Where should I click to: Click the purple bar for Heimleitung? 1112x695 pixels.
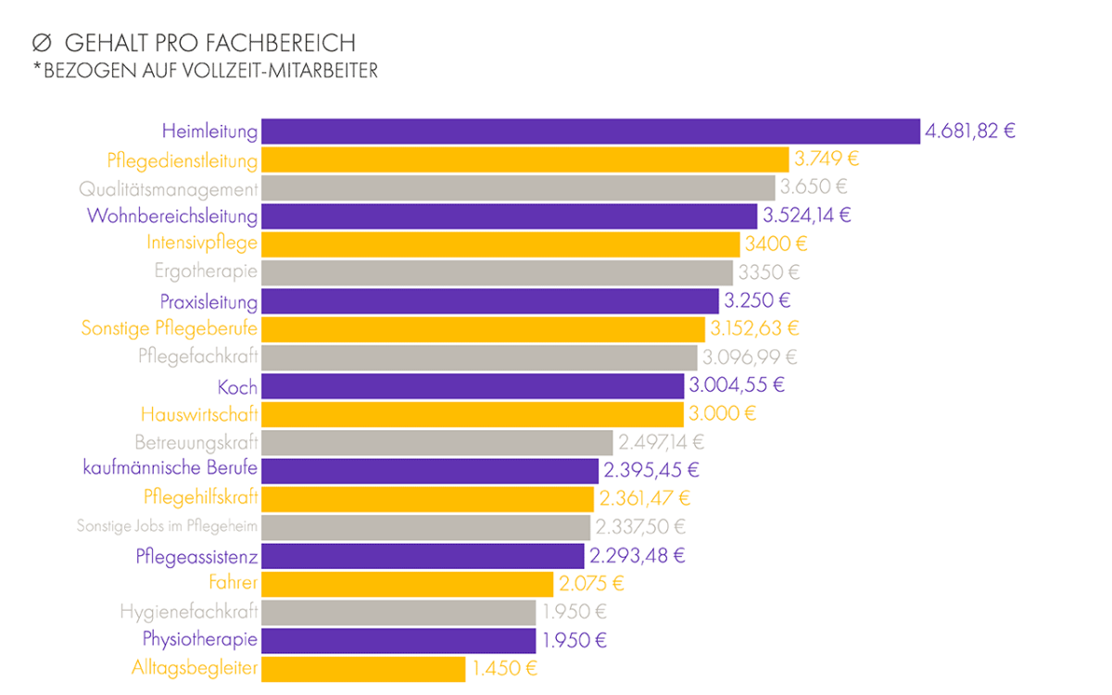[x=590, y=131]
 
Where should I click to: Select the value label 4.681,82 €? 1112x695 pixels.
[x=969, y=131]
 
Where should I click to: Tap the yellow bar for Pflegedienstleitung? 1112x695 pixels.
[x=524, y=159]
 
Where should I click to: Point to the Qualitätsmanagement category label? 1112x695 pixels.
[x=168, y=189]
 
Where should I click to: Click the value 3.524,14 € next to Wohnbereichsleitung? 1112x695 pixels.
[x=806, y=216]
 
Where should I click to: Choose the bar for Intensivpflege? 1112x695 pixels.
[x=500, y=244]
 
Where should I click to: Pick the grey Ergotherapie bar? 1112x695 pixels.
[x=497, y=272]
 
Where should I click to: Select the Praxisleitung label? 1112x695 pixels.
[x=208, y=301]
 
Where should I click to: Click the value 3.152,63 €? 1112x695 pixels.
[x=754, y=328]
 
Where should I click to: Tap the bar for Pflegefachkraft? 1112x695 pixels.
[x=479, y=357]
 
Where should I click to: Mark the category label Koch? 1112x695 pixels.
[x=237, y=385]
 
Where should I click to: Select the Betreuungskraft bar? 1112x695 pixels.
[x=436, y=442]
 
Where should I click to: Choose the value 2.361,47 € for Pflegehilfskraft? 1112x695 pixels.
[x=645, y=499]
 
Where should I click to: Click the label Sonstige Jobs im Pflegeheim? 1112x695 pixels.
[x=167, y=527]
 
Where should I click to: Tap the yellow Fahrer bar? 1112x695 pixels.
[x=407, y=584]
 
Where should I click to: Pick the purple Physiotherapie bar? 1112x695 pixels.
[x=398, y=640]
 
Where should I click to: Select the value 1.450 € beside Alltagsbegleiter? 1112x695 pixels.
[x=503, y=668]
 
